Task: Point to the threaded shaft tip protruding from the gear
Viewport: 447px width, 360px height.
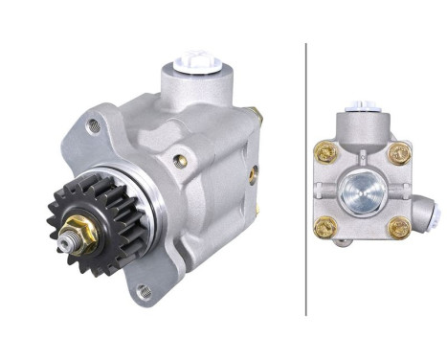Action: (x=67, y=247)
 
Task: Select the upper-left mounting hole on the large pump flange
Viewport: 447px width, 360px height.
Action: (x=93, y=125)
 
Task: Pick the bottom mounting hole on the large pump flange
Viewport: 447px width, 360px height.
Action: (x=144, y=291)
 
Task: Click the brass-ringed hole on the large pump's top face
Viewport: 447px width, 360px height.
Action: (x=180, y=162)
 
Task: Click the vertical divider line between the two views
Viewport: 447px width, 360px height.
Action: (x=305, y=178)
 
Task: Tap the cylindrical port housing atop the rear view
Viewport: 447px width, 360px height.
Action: (x=361, y=124)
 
